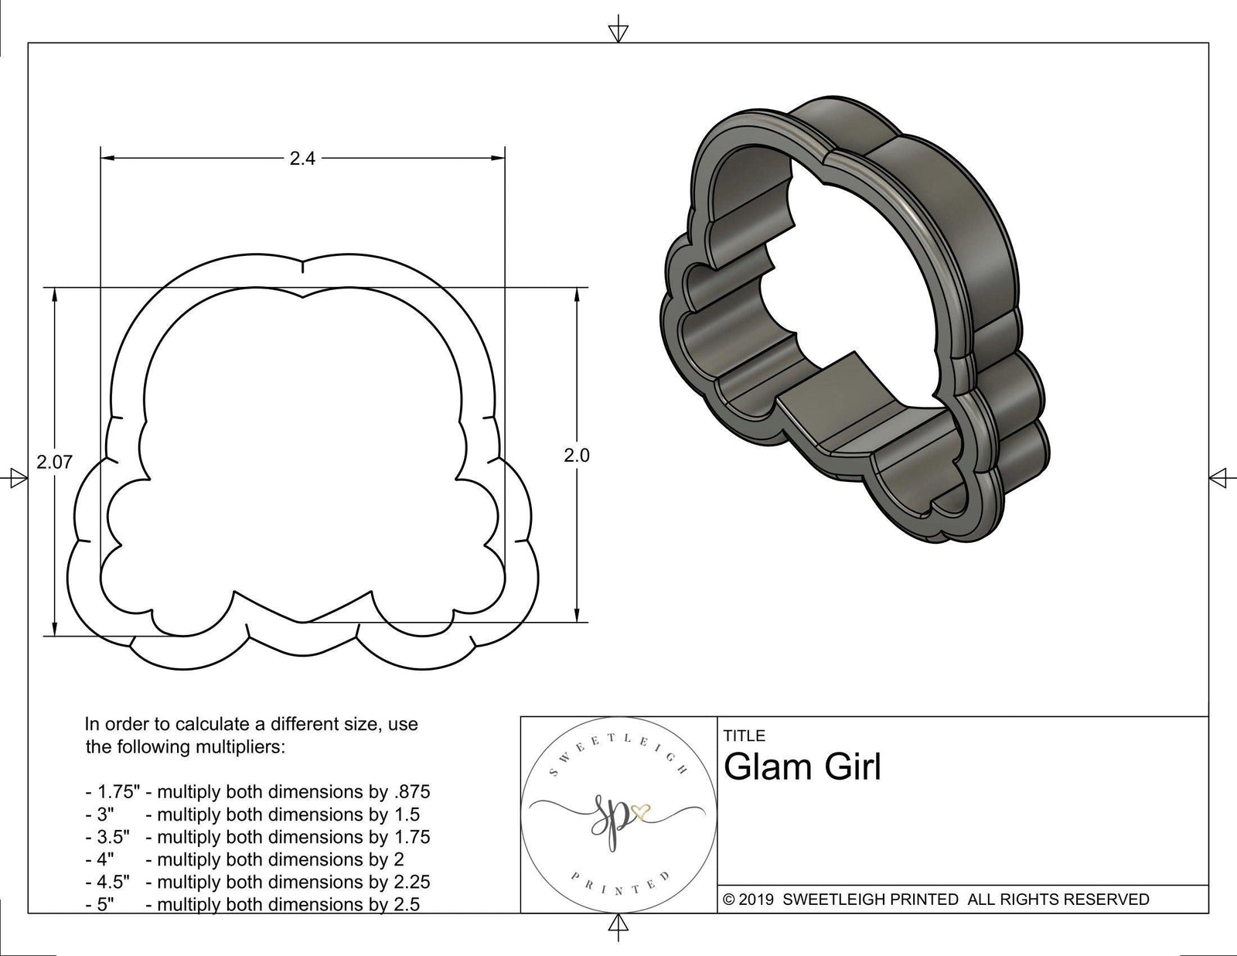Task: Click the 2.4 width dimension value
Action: tap(302, 159)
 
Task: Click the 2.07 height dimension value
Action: tap(55, 462)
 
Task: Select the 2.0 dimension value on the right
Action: tap(576, 456)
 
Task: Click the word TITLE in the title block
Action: tap(745, 736)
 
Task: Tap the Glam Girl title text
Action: tap(803, 767)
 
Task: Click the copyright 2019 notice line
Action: tap(935, 899)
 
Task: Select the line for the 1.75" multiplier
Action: tap(257, 791)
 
